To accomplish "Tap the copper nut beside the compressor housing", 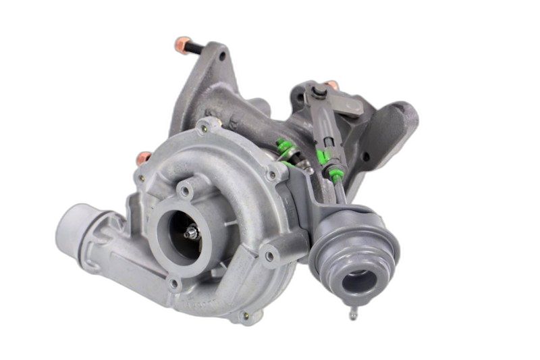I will click(143, 158).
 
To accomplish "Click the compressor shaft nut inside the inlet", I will click(191, 233).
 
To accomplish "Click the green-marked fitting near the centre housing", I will click(286, 148).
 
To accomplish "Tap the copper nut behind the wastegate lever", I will click(331, 85).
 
